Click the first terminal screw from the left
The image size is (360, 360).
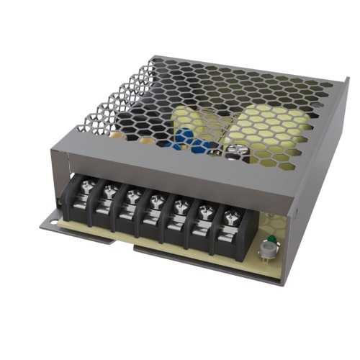click(86, 188)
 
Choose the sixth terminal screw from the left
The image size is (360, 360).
click(206, 211)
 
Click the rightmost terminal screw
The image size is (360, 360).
click(231, 216)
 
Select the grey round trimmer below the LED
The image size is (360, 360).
click(268, 251)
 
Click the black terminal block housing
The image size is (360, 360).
click(158, 223)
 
